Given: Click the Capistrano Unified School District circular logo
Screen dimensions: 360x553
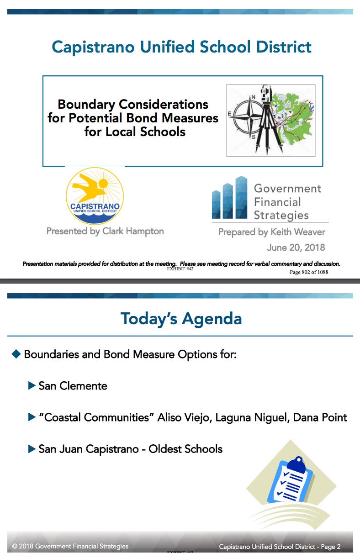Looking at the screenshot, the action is [x=95, y=196].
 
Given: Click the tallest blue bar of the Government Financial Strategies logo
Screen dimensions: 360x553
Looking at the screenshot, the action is [x=241, y=197].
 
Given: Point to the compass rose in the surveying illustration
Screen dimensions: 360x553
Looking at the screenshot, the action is [x=248, y=116].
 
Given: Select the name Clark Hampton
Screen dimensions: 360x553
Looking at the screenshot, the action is [x=133, y=232].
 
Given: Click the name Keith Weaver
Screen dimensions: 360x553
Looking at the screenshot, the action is [x=298, y=232].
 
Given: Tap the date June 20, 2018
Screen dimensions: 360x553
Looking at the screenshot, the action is [x=296, y=248].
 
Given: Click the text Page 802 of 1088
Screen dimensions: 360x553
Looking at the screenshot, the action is [x=309, y=272].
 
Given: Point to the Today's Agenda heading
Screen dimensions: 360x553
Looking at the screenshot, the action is [x=181, y=319].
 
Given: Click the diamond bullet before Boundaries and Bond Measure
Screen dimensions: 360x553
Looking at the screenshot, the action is [x=16, y=354].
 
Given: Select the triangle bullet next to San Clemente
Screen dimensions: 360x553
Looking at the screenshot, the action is [x=32, y=385].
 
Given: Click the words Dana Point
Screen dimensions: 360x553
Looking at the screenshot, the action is [x=320, y=417].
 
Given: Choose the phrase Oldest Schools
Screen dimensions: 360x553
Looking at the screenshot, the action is [x=185, y=449].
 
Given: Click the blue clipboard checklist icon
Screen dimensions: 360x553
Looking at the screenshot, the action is [x=291, y=480].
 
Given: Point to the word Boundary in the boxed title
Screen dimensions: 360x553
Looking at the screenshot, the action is [x=86, y=105].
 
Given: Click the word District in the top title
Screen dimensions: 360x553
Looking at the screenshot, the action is [x=284, y=47].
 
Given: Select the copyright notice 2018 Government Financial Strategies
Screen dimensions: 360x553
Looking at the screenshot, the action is [x=70, y=546].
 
